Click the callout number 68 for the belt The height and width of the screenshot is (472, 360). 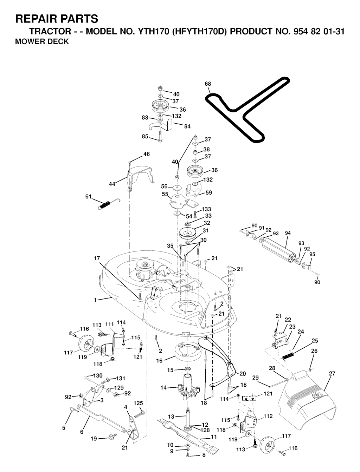coord(208,84)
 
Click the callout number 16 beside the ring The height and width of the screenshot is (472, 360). coord(160,361)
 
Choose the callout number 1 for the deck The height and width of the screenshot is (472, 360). coord(95,300)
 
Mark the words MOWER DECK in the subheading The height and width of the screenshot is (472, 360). coord(42,42)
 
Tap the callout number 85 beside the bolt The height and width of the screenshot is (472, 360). coord(145,137)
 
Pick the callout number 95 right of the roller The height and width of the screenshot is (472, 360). coord(312,254)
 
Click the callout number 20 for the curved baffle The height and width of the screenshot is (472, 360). coord(243,373)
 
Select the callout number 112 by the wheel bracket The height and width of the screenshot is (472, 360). coord(268,417)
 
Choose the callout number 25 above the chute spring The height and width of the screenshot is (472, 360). coord(315,341)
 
